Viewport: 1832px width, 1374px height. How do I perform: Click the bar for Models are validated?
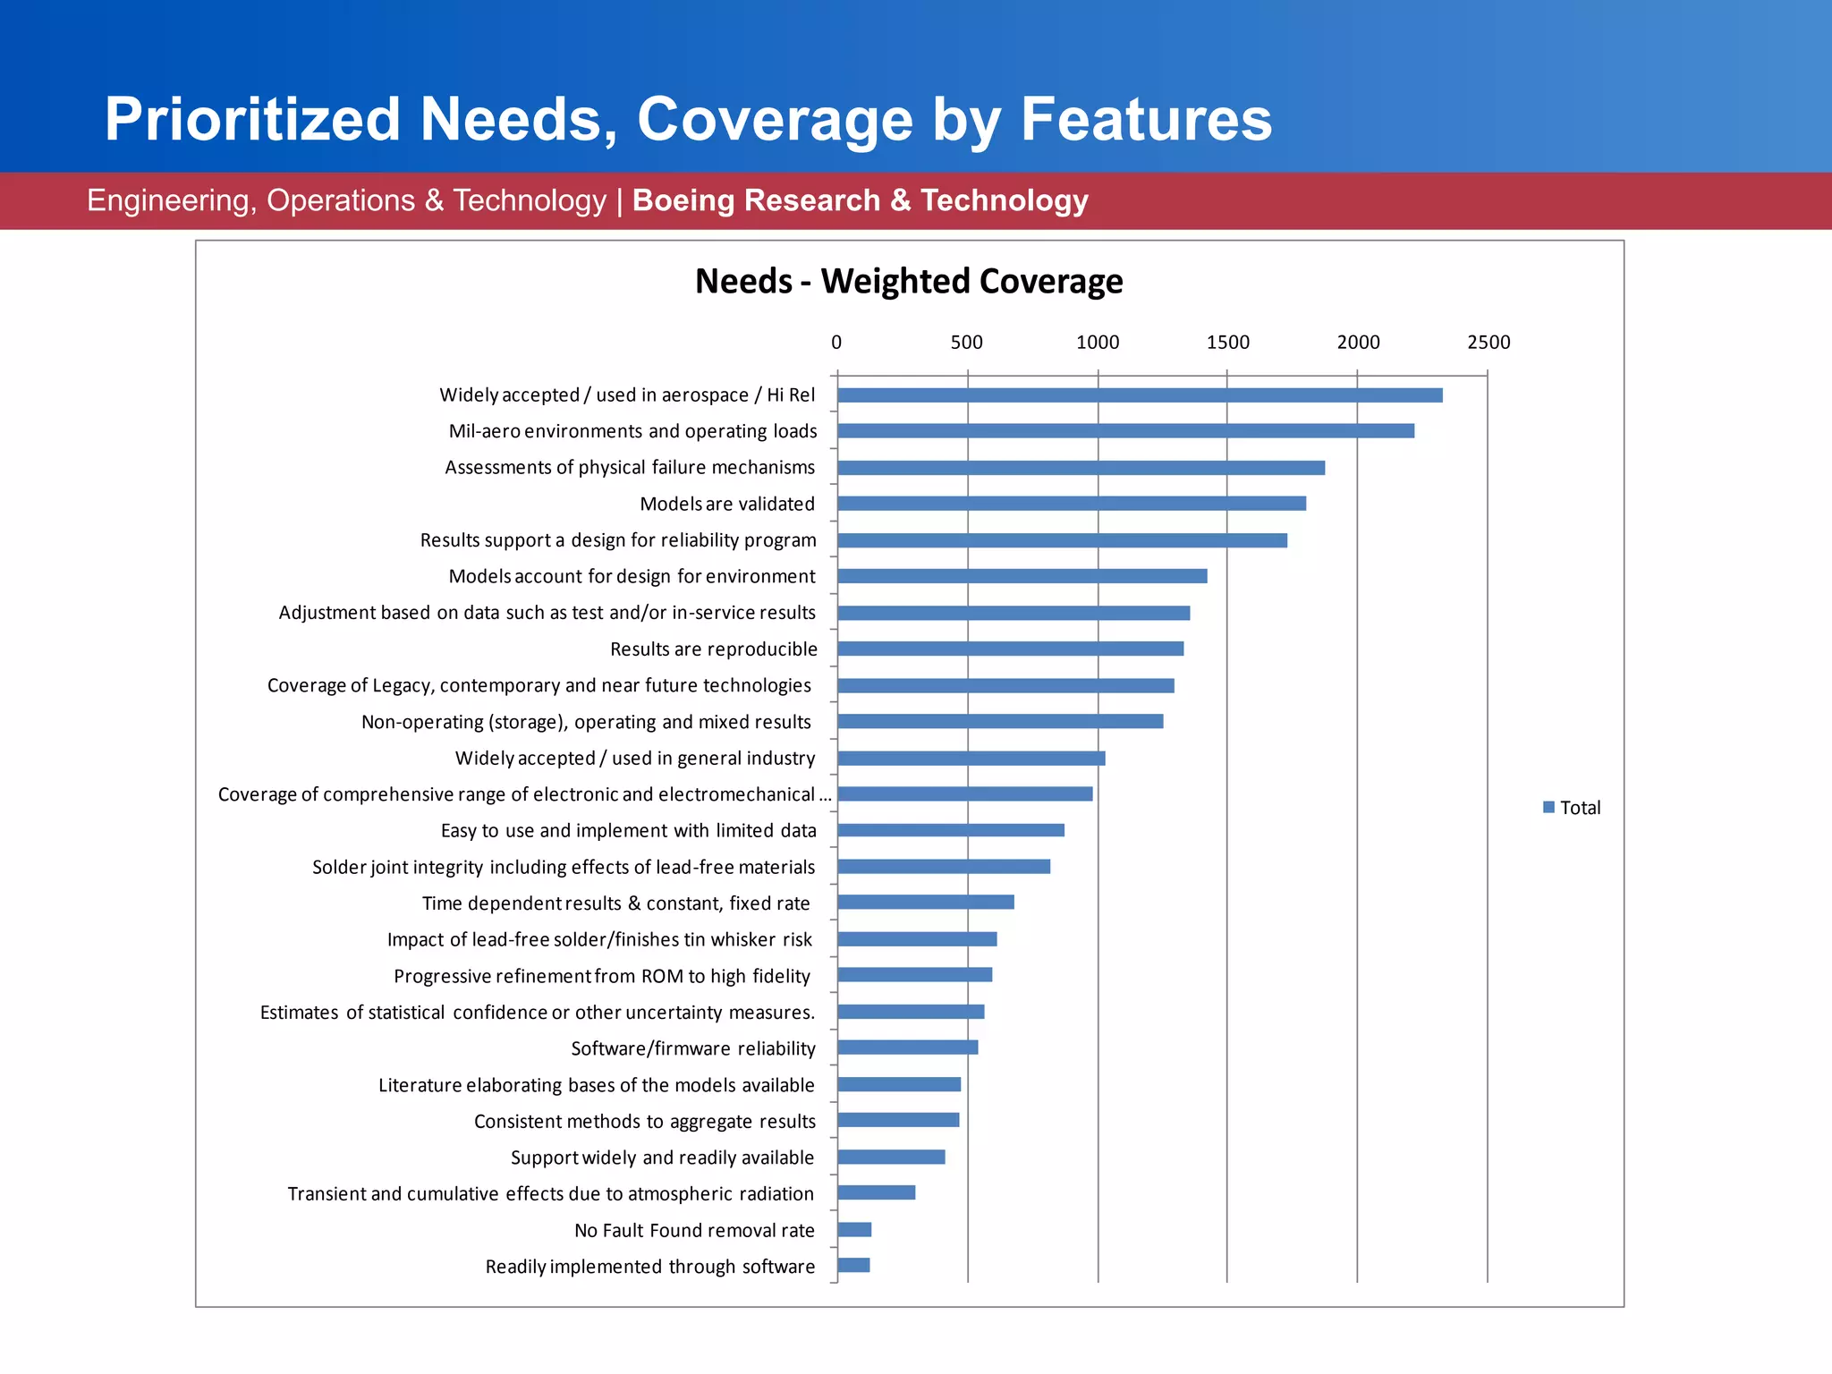point(1071,504)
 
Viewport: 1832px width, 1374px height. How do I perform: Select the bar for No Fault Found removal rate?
point(854,1230)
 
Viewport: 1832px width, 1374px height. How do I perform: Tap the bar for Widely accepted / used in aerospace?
point(1139,395)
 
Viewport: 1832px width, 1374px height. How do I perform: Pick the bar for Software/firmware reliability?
point(907,1047)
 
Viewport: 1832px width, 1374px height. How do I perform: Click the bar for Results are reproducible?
point(1010,649)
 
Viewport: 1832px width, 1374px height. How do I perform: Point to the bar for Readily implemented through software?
point(853,1265)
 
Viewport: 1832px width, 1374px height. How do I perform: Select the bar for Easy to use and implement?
point(950,830)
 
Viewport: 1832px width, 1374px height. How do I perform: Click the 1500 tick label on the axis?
point(1227,343)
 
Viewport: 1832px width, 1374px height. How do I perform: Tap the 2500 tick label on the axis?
point(1488,343)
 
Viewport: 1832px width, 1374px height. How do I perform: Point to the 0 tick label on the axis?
point(836,343)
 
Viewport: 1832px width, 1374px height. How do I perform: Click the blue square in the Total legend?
point(1548,807)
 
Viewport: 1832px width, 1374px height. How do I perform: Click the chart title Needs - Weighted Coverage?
point(909,281)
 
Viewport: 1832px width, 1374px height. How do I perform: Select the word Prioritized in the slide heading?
point(252,119)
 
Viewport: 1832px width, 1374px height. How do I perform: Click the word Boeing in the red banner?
point(684,200)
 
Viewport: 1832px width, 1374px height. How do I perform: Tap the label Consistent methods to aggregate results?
point(644,1121)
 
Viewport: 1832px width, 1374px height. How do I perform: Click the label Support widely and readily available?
point(662,1158)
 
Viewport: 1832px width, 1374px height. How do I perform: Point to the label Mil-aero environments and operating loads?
point(632,431)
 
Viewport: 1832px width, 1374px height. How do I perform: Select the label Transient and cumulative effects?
point(550,1193)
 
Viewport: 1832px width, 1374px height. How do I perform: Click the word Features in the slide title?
point(1146,119)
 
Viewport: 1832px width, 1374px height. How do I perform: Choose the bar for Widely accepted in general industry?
point(971,758)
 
